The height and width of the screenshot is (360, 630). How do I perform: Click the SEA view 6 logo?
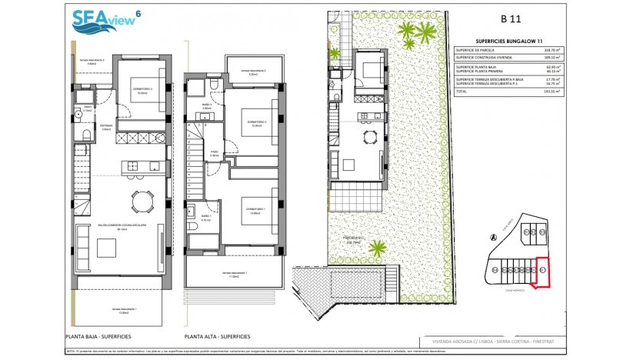click(x=104, y=21)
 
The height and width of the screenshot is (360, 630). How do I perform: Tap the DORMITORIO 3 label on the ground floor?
click(x=138, y=90)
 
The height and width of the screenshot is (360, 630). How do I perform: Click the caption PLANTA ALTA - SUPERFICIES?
click(x=218, y=337)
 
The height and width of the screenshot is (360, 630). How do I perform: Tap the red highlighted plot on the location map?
click(x=543, y=271)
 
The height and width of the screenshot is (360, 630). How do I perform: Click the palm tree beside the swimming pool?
click(x=377, y=248)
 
